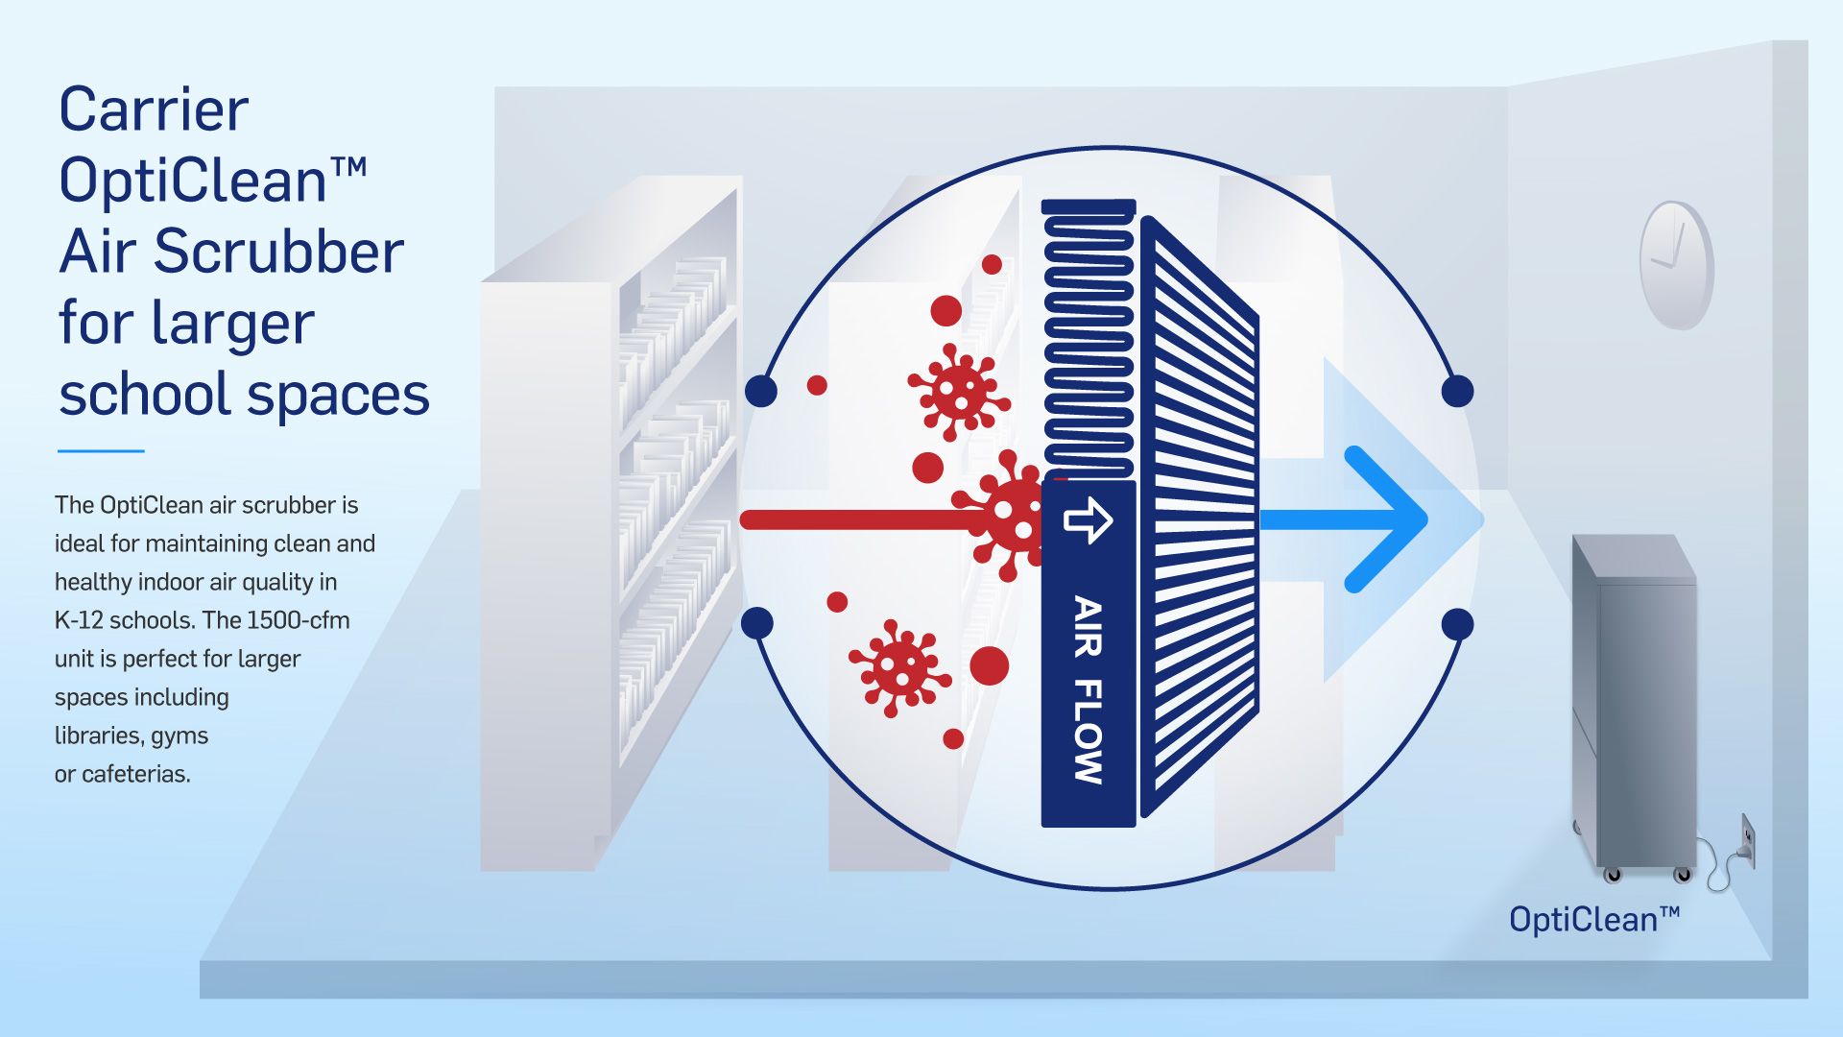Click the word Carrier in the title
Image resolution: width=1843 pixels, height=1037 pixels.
pos(154,109)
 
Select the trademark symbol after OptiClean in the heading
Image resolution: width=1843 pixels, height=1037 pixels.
pos(348,167)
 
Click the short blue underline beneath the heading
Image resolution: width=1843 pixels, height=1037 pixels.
pos(101,450)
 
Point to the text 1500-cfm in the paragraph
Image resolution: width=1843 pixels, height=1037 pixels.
pos(298,620)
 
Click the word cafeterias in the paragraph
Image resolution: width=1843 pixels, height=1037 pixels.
pos(135,774)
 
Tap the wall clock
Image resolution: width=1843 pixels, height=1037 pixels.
pos(1676,264)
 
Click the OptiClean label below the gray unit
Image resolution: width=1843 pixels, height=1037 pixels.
pos(1594,919)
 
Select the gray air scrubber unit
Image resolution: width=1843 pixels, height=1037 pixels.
pos(1634,707)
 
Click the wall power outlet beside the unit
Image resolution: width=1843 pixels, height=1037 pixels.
pos(1748,840)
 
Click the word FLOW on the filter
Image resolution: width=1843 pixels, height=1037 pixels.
pos(1088,732)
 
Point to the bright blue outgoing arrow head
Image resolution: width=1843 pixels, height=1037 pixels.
pos(1387,519)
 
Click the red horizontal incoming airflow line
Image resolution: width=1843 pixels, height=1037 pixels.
pos(864,520)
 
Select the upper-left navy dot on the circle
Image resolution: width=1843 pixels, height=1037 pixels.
pos(761,391)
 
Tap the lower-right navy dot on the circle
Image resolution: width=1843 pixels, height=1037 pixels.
pos(1457,624)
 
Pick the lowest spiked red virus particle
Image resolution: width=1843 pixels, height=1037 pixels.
pos(898,668)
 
